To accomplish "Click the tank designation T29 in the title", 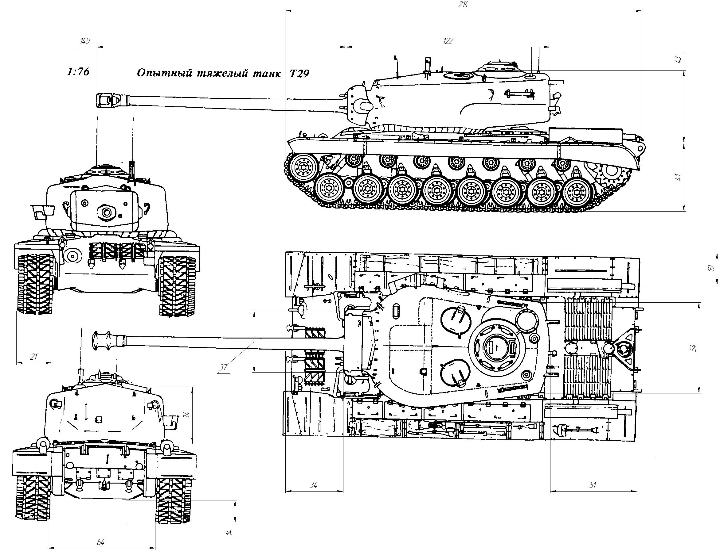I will pos(299,74).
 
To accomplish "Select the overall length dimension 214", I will pos(464,5).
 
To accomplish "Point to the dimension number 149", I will pos(85,41).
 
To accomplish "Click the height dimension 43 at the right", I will pos(678,59).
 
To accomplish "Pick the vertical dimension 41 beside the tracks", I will pos(678,176).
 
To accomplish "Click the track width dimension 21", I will pos(33,357).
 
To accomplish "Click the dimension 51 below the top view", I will pos(593,485).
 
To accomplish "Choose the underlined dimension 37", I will pos(223,367).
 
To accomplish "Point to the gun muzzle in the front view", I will pos(106,213).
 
